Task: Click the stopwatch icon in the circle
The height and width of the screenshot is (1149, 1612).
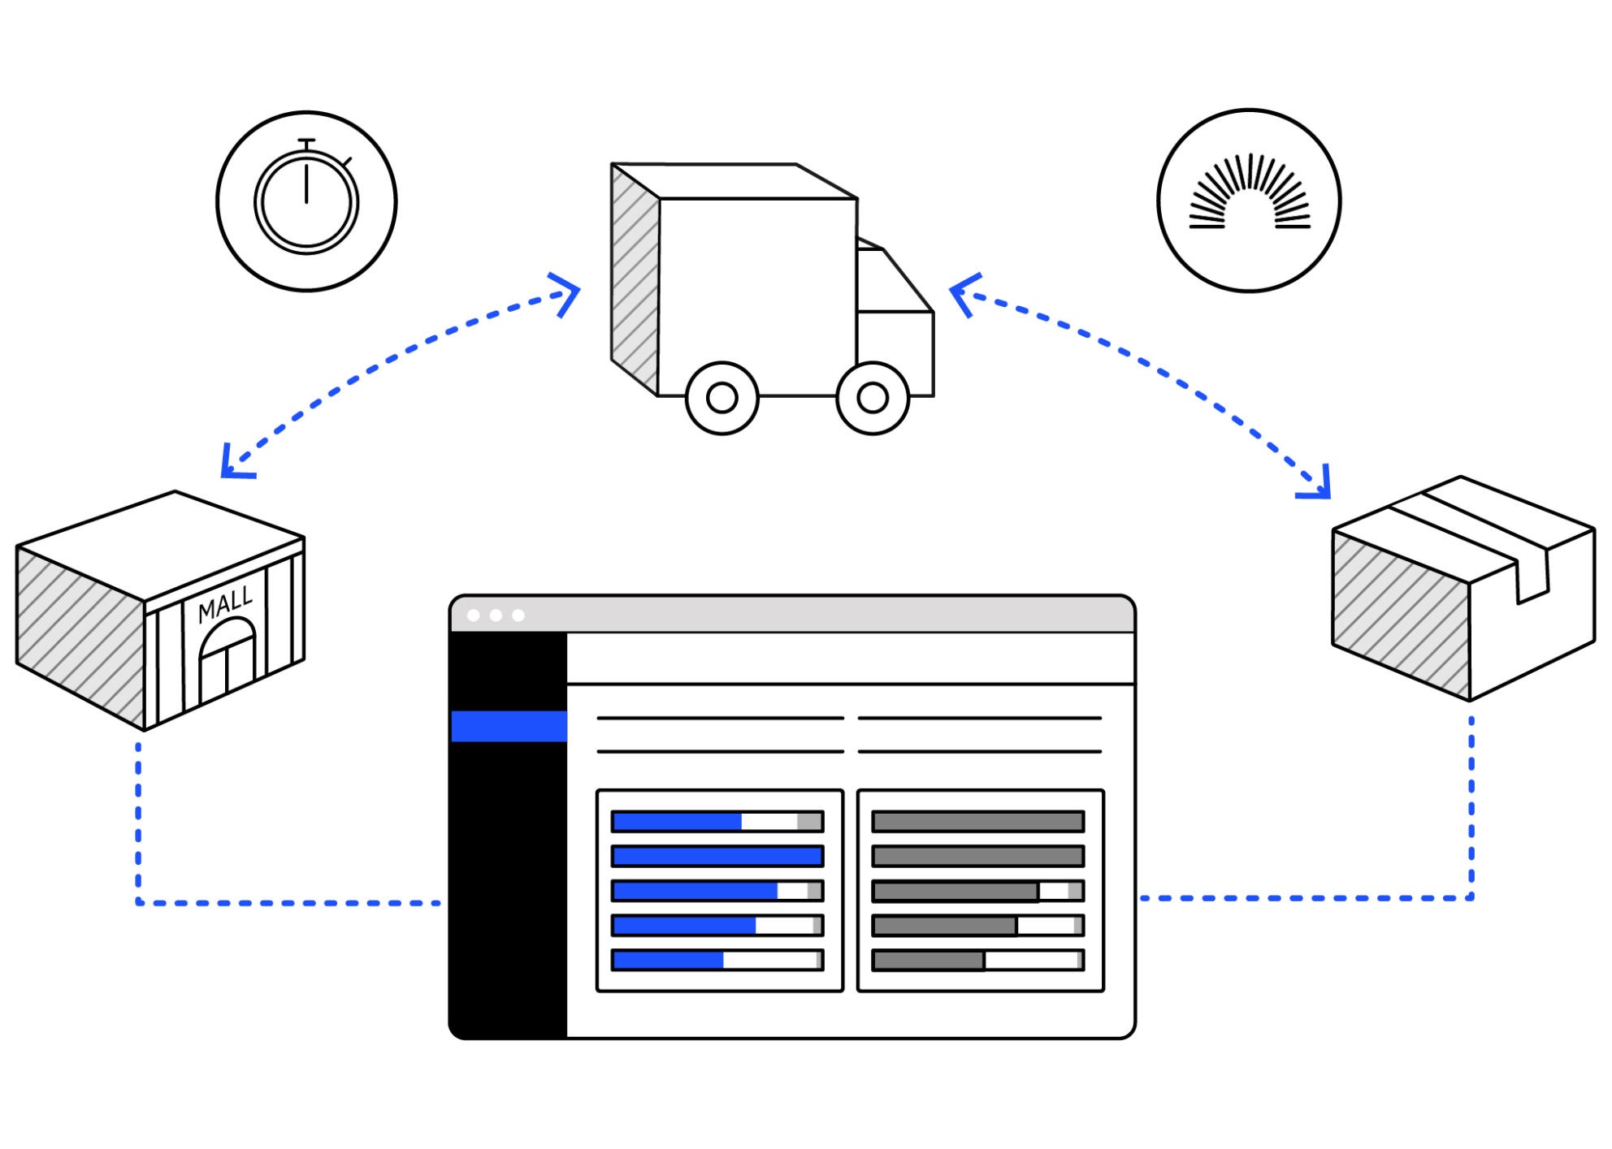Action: click(306, 201)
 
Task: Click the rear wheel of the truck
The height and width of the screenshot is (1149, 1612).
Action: click(721, 398)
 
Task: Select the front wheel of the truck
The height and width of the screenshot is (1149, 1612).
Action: click(873, 398)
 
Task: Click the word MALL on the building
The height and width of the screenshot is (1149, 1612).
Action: click(225, 604)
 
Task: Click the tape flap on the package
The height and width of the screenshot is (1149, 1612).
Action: click(1532, 573)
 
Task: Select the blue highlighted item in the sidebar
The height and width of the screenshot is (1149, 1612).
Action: click(509, 726)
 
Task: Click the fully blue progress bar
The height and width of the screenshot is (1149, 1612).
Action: click(717, 856)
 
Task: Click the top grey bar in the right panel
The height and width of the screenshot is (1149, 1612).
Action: click(977, 821)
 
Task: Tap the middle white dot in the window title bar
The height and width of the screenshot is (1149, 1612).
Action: click(496, 616)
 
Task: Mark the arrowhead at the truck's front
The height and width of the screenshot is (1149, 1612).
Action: click(963, 294)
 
